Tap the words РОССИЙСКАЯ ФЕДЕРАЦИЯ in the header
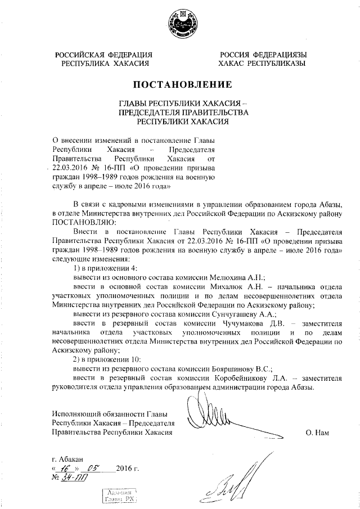[x=103, y=55]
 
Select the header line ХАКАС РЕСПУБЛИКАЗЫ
[x=263, y=64]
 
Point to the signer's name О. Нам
[x=317, y=433]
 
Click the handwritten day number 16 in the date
[x=67, y=468]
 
